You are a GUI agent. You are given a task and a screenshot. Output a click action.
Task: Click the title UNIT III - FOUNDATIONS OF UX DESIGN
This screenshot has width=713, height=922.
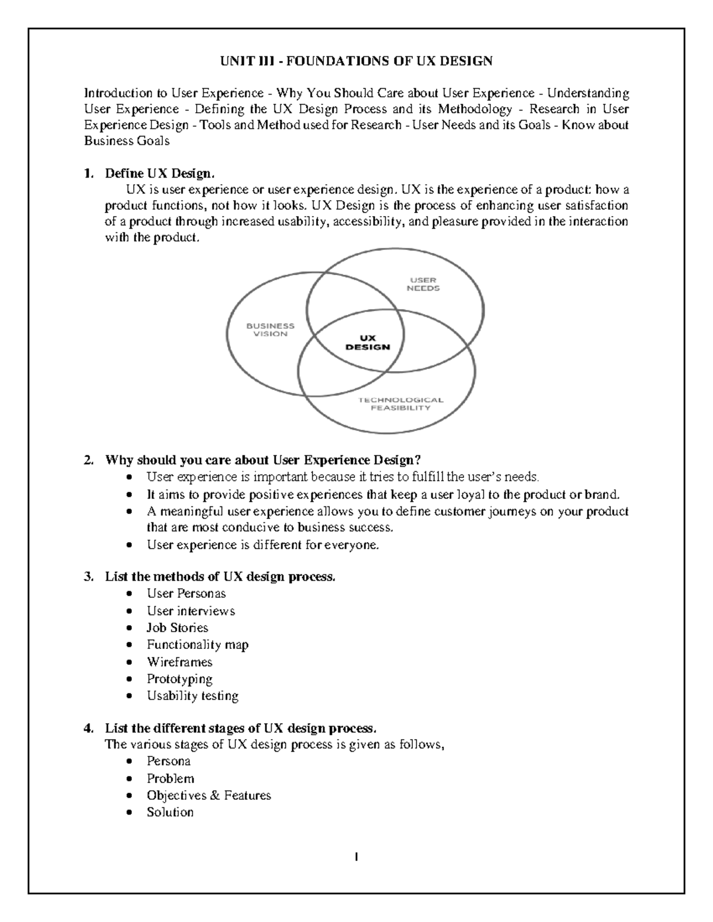(356, 61)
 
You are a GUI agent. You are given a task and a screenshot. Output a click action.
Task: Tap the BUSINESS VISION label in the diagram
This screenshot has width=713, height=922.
(270, 330)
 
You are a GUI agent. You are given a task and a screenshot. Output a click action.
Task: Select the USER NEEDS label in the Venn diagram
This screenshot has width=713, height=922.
(423, 284)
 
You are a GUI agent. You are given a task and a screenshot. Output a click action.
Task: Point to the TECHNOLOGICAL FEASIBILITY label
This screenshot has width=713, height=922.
(400, 404)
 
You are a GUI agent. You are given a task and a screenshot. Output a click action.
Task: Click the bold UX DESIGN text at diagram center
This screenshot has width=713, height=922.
(368, 343)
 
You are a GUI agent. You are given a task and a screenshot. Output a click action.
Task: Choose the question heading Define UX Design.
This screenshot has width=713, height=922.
(159, 174)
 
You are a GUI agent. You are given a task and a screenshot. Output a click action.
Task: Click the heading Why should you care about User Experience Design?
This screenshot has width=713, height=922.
(263, 460)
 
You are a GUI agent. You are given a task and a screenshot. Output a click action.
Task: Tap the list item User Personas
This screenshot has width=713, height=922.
(186, 594)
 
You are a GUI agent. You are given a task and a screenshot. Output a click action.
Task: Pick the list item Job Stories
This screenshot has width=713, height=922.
(177, 628)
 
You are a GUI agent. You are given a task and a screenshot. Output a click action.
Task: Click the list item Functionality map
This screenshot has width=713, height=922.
(197, 645)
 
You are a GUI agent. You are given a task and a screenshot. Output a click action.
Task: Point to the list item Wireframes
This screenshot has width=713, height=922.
(179, 662)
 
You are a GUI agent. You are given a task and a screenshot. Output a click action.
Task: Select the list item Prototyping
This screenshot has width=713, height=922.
(179, 679)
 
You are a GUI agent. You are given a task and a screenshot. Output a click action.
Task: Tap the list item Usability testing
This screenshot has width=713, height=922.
(193, 696)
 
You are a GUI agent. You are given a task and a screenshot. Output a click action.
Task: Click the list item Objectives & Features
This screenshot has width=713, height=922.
(209, 796)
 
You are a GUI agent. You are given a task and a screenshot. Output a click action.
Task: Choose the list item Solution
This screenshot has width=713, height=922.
(170, 812)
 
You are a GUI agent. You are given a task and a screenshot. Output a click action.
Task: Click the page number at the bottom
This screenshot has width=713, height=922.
(356, 857)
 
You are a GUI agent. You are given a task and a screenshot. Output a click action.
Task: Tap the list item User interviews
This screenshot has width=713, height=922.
(191, 611)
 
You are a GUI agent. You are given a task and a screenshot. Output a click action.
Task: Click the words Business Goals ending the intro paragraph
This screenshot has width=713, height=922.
(127, 141)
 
